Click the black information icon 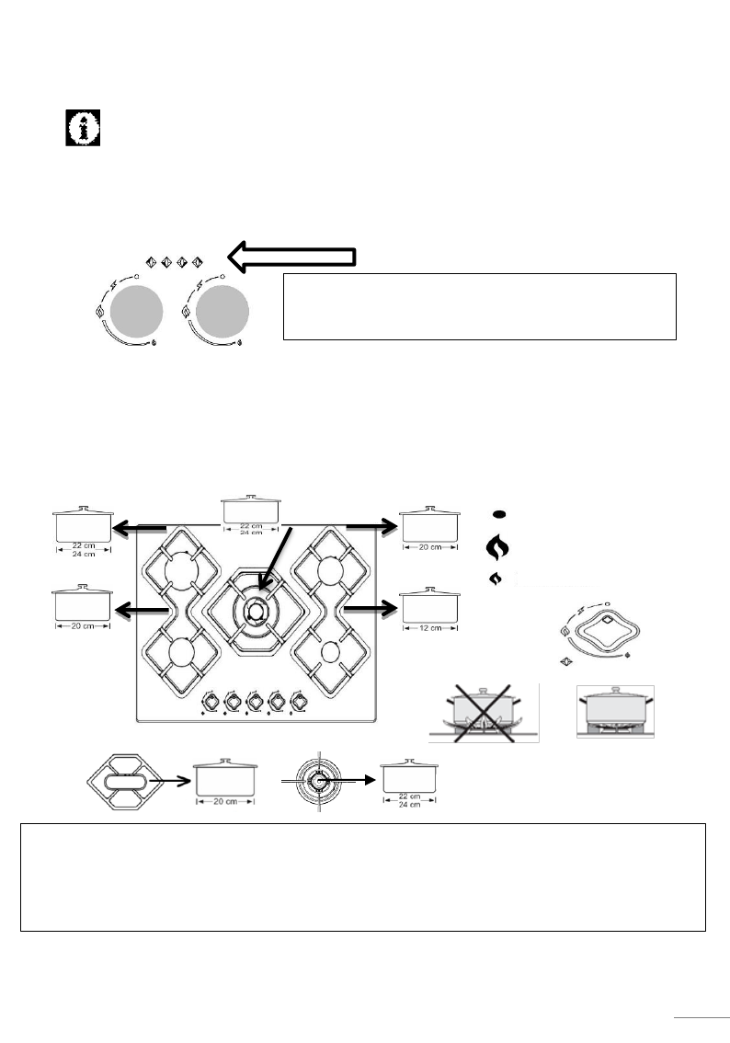84,129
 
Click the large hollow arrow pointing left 291,258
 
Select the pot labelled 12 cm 429,604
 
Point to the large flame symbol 496,548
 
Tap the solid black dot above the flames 496,515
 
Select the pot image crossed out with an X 484,713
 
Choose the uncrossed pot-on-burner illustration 614,711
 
